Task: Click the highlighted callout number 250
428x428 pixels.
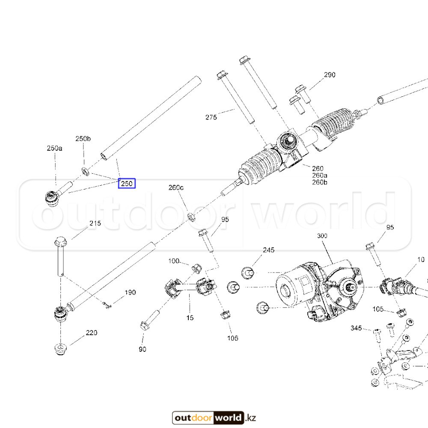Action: click(127, 184)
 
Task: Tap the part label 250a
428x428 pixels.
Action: click(55, 149)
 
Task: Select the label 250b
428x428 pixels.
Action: click(83, 139)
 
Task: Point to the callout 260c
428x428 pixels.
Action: click(176, 187)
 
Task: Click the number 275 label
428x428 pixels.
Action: click(211, 117)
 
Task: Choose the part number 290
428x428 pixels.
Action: click(330, 75)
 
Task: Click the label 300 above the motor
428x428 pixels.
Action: click(322, 236)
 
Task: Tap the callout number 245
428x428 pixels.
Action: click(269, 250)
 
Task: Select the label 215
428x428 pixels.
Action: click(95, 223)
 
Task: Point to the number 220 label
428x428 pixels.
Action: click(91, 333)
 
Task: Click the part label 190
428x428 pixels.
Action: click(130, 293)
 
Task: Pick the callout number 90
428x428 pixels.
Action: click(143, 349)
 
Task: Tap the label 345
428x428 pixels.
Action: click(356, 328)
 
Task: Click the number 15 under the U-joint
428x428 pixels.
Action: click(190, 318)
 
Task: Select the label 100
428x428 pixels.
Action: click(174, 261)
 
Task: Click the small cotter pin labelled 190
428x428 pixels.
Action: click(107, 305)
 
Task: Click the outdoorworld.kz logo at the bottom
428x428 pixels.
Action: click(214, 418)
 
